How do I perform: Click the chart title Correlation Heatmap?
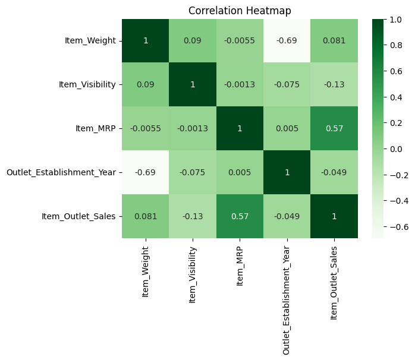click(x=240, y=10)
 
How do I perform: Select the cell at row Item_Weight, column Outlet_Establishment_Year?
click(x=287, y=40)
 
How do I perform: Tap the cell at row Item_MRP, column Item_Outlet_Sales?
click(x=334, y=128)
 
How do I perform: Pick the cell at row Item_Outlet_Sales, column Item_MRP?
click(x=240, y=216)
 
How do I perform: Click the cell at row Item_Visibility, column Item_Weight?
click(x=146, y=84)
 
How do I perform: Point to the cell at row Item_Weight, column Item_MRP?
click(x=240, y=40)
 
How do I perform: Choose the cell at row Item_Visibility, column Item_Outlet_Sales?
click(x=334, y=84)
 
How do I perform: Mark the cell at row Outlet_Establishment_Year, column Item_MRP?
click(x=240, y=172)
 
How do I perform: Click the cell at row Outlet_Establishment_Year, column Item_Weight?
click(x=146, y=172)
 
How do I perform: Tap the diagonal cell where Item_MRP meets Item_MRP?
click(x=240, y=128)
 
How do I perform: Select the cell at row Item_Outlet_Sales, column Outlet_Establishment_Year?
click(x=287, y=216)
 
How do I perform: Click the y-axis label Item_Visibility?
click(x=87, y=84)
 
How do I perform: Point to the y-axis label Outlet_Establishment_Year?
click(x=61, y=172)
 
